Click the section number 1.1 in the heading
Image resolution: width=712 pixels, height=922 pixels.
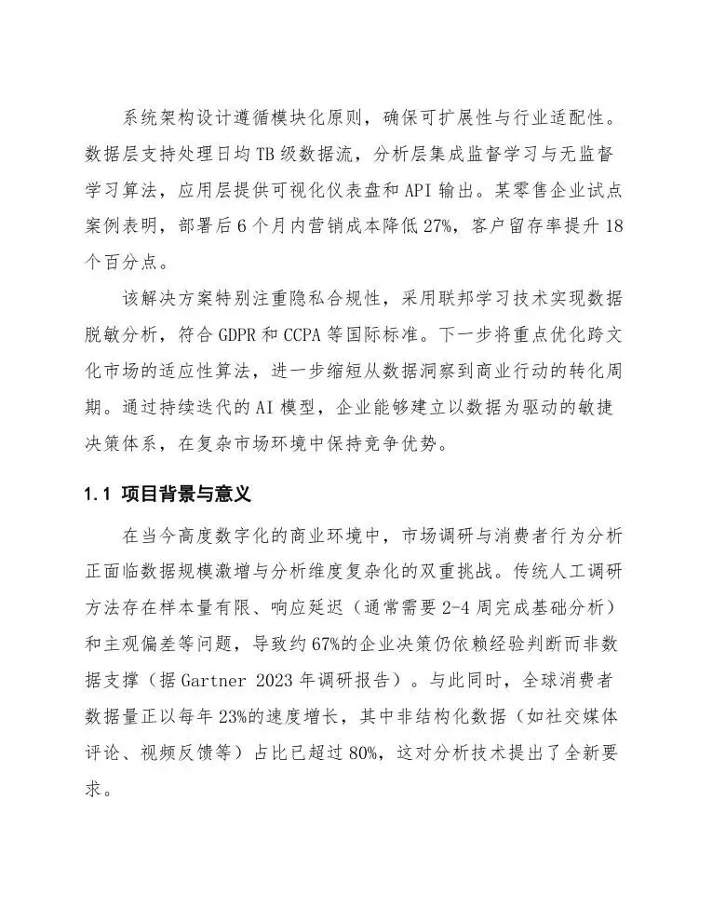coord(98,495)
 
